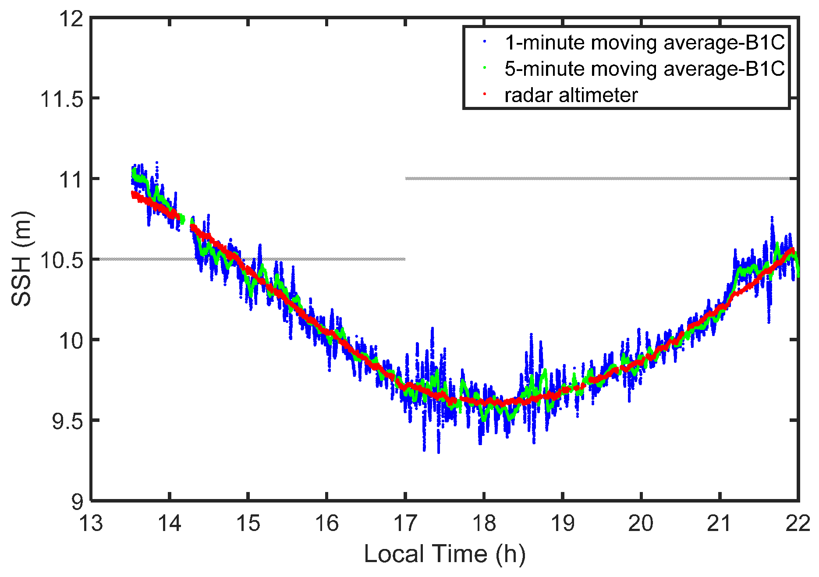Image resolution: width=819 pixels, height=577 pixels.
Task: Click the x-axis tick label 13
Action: [x=91, y=523]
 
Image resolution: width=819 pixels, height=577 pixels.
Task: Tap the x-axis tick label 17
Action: [x=405, y=523]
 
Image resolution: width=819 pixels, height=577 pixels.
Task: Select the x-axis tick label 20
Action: [x=641, y=523]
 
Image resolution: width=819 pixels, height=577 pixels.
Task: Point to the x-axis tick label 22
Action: [x=798, y=523]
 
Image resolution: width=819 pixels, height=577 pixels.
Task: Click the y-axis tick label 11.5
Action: [x=62, y=99]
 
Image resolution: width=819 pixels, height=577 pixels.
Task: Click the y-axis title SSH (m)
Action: [x=22, y=259]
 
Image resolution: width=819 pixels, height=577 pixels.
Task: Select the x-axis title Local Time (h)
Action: [x=444, y=554]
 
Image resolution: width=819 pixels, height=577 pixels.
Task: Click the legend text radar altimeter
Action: [x=571, y=95]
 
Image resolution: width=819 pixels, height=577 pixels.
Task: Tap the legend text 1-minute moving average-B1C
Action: [x=645, y=42]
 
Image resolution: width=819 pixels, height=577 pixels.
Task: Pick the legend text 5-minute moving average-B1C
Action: [x=645, y=69]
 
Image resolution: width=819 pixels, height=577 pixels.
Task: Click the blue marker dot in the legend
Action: [x=485, y=42]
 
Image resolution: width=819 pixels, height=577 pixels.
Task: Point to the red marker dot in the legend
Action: [x=485, y=94]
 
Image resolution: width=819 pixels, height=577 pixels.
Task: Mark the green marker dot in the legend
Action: [x=485, y=67]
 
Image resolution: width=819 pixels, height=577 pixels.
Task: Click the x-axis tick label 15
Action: [x=248, y=523]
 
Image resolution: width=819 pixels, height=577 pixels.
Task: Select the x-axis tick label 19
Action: [x=563, y=523]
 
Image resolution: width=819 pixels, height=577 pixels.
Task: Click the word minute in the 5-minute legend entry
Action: [x=556, y=69]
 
